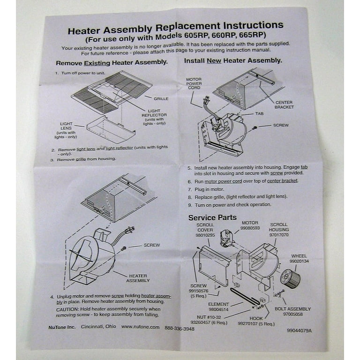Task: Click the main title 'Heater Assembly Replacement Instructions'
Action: coord(175,29)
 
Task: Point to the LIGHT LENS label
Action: coord(66,127)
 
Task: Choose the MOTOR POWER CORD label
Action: coord(194,83)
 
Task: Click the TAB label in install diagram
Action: coord(259,114)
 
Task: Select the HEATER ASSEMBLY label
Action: coord(138,278)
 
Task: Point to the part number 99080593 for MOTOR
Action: coord(250,228)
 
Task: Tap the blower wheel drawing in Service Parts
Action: coord(290,278)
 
